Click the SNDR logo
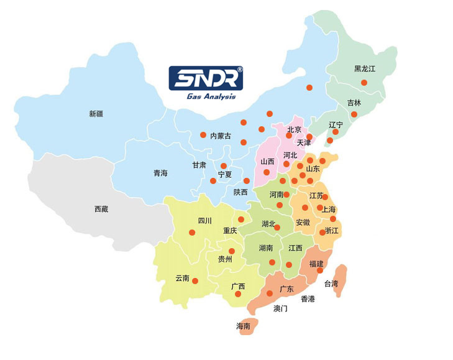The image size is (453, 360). point(206,78)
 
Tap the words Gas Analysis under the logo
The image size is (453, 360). point(211,96)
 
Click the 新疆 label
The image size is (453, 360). point(96,113)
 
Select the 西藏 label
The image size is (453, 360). point(101,209)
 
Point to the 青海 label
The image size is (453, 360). point(160,173)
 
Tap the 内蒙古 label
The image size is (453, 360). point(221,136)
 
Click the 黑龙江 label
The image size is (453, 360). point(365,68)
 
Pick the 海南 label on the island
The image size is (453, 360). point(243,326)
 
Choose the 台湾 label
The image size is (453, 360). point(332,284)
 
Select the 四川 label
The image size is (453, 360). point(205,221)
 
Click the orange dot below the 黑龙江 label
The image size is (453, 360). point(364,82)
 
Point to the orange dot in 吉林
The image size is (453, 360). point(354,114)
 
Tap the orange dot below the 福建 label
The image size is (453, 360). point(320,270)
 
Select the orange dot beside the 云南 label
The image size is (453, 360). point(195,281)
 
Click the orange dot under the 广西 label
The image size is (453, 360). point(238,293)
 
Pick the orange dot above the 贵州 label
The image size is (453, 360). point(232,251)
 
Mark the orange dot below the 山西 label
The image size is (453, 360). point(267,172)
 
